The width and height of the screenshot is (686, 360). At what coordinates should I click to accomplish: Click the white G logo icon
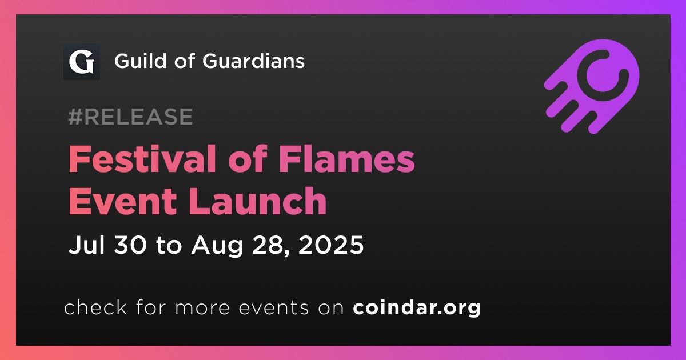tap(81, 62)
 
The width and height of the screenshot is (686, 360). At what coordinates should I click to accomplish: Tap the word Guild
tap(139, 61)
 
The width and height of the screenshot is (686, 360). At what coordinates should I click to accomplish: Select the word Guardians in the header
tap(253, 61)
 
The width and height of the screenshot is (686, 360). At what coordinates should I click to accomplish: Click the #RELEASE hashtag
tap(130, 117)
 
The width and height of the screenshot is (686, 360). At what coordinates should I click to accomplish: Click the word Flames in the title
tap(346, 159)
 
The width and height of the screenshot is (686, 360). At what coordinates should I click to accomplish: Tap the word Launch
tap(258, 201)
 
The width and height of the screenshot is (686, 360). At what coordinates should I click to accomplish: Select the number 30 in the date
tap(130, 245)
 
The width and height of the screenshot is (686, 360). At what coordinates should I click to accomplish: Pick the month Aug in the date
tap(217, 246)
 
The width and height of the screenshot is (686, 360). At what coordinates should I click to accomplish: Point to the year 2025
tap(331, 245)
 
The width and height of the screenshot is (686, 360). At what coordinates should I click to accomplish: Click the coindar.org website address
tap(417, 308)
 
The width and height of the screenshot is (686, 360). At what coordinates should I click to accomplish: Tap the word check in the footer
tap(95, 307)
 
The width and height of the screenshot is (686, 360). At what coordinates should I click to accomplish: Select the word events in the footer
tap(273, 308)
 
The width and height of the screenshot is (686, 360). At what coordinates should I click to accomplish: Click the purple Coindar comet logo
tap(592, 86)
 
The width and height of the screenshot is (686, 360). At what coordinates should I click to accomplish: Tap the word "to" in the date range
tap(169, 246)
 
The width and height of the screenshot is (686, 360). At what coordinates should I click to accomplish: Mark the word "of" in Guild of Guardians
tap(184, 61)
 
